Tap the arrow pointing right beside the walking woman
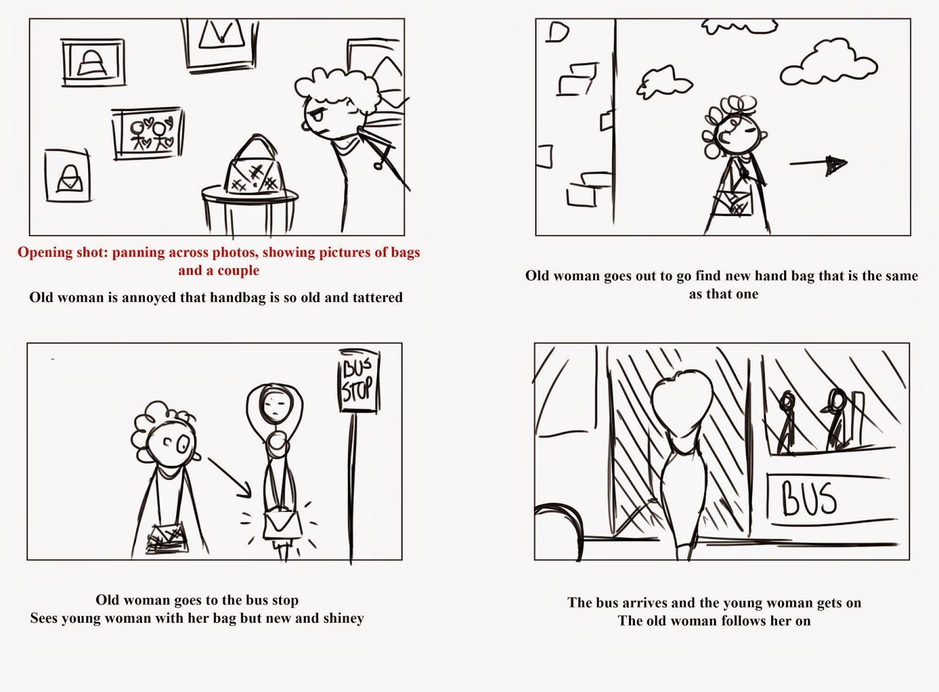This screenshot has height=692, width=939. pos(819,164)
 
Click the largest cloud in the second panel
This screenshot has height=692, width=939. pos(827,63)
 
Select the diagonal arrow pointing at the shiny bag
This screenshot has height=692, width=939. pos(229,475)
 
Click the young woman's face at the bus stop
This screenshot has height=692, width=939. pos(273,404)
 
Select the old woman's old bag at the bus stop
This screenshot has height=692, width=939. pos(167,537)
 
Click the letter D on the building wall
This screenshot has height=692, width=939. pos(557,33)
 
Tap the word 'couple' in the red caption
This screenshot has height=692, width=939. pos(238,271)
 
